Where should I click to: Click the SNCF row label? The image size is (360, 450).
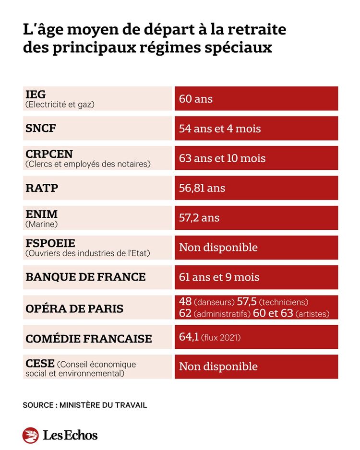coord(40,128)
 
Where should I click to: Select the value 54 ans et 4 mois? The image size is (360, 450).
coord(220,129)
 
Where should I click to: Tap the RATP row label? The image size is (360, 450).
coord(42,188)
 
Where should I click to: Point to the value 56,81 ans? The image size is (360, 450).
coord(202,188)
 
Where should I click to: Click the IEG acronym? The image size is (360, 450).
coord(36,94)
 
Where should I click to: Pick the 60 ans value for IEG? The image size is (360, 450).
coord(196,99)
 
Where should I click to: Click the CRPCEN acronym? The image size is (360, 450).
coord(49,154)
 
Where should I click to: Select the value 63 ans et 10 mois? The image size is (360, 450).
coord(222,158)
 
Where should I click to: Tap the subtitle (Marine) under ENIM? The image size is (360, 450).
coord(42,224)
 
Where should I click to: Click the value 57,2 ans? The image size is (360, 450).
coord(199,218)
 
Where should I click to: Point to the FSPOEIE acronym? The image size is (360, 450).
coord(50,243)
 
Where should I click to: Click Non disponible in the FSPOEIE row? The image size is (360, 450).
coord(218,248)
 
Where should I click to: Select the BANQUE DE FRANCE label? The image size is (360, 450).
coord(85,277)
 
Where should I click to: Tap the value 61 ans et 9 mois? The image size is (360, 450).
coord(219,277)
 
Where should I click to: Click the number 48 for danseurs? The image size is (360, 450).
coord(185,301)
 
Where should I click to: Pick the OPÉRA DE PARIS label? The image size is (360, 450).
coord(74,308)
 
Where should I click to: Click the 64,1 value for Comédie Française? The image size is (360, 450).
coord(189,336)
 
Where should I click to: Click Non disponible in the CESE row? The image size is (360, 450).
coord(218,367)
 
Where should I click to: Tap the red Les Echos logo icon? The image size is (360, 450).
coord(30,435)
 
